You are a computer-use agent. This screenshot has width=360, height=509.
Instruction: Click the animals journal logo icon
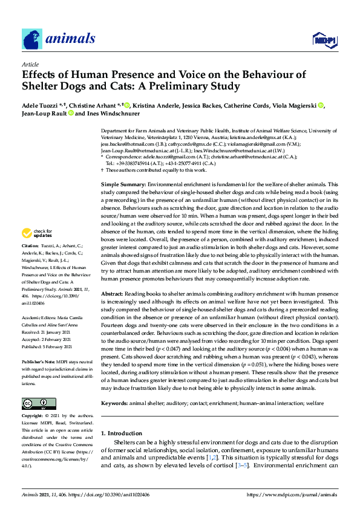pyautogui.click(x=32, y=39)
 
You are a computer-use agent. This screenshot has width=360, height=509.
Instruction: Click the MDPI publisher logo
pyautogui.click(x=325, y=40)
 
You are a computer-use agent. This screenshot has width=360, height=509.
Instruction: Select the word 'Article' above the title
pyautogui.click(x=30, y=64)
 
